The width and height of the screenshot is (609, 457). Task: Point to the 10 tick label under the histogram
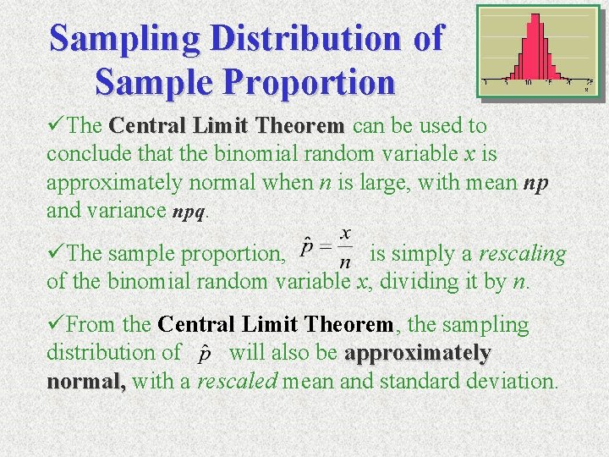click(527, 83)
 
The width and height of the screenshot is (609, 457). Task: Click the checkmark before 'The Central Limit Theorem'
click(56, 126)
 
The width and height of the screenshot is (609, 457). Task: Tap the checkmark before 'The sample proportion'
click(56, 253)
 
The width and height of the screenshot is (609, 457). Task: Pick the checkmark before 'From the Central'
click(56, 324)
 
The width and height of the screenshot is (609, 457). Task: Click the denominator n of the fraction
click(344, 263)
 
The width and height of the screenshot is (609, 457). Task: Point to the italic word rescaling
click(523, 253)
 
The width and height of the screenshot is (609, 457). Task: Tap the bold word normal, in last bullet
click(86, 382)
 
